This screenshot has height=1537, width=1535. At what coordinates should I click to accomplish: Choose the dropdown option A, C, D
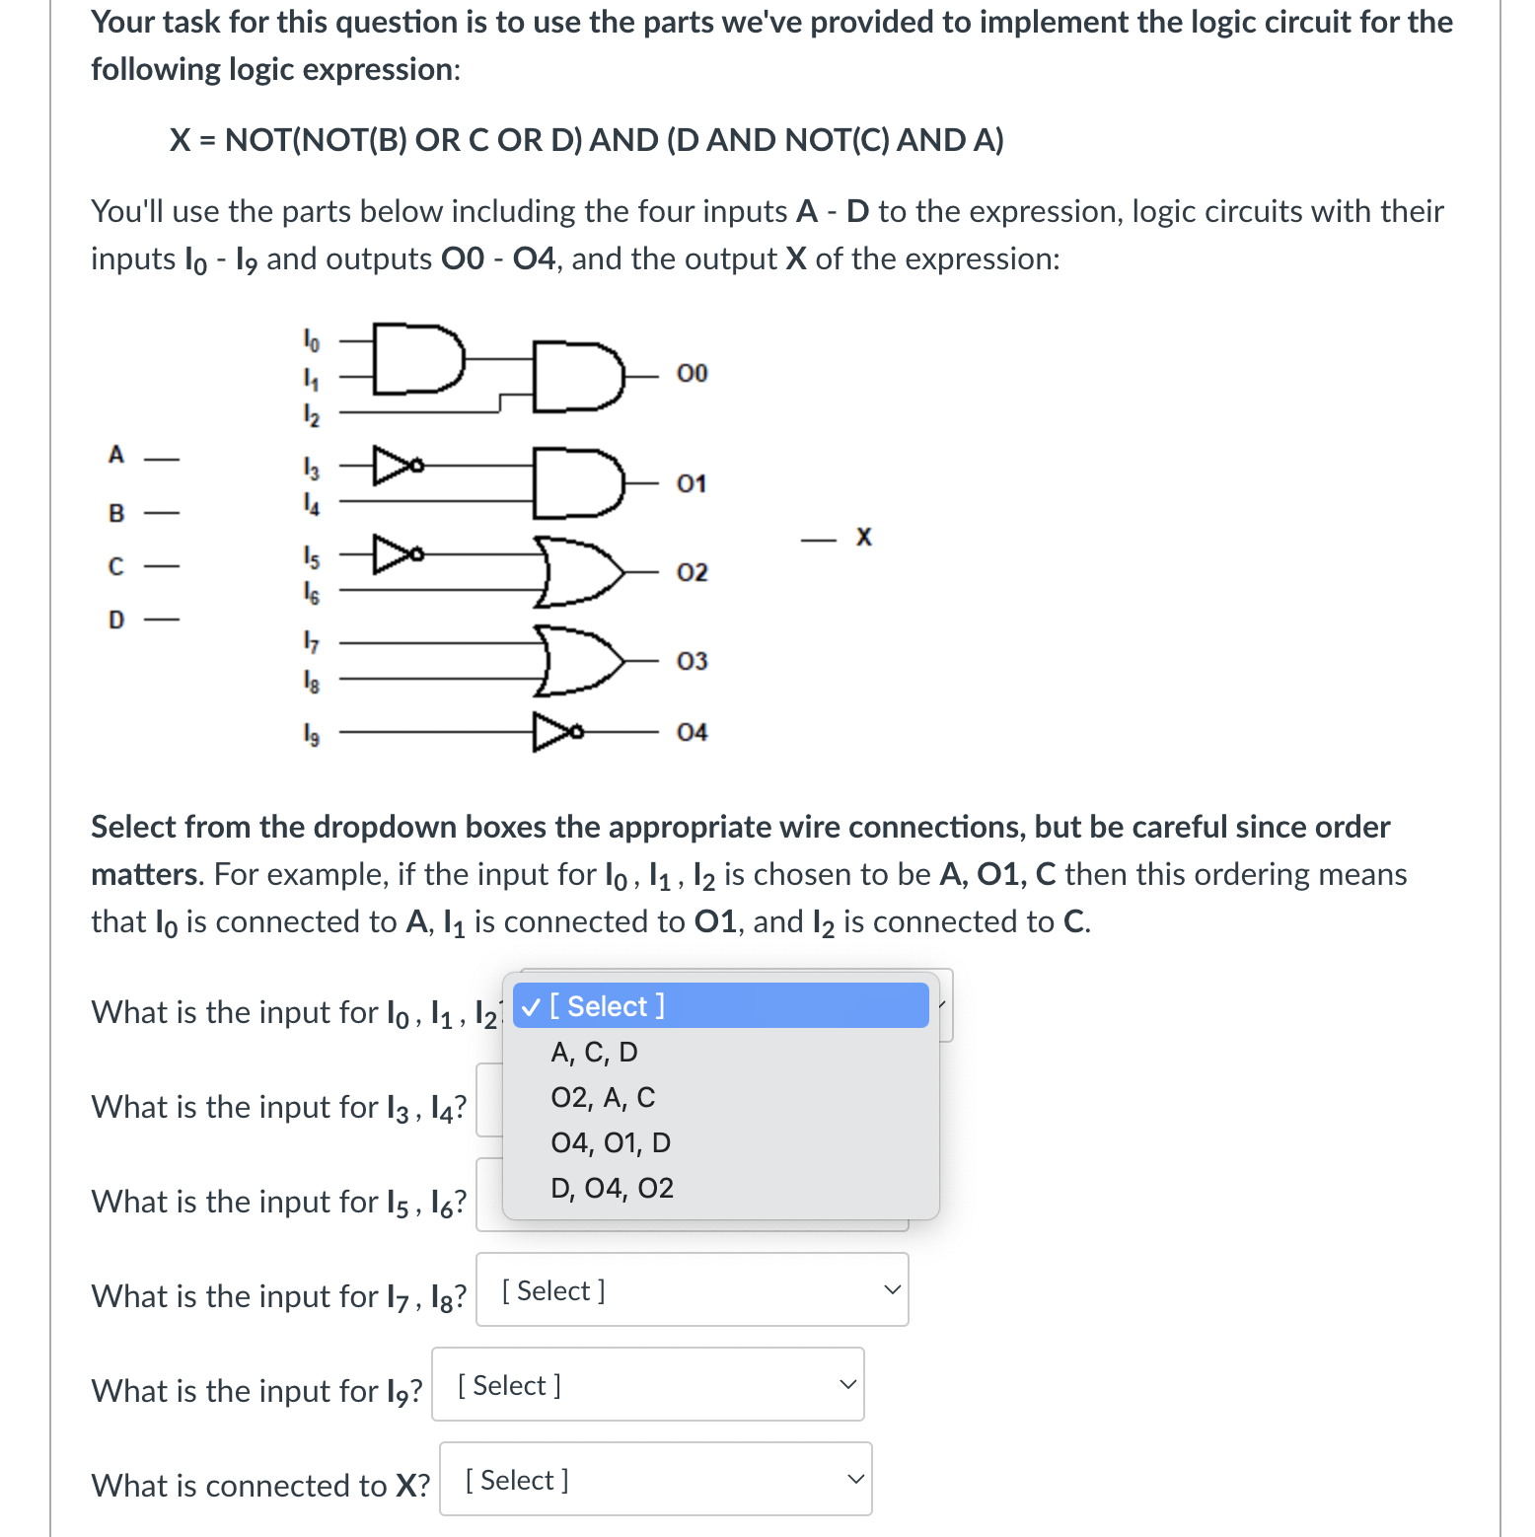pyautogui.click(x=594, y=1053)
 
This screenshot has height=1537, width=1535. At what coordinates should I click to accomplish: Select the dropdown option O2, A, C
pyautogui.click(x=603, y=1098)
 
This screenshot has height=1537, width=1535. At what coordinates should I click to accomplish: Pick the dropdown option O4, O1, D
pyautogui.click(x=611, y=1143)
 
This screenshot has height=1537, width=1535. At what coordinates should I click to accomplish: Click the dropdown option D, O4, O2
pyautogui.click(x=612, y=1189)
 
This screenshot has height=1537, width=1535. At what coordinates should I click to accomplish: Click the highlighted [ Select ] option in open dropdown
pyautogui.click(x=720, y=1006)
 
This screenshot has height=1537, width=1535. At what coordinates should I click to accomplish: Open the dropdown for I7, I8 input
pyautogui.click(x=692, y=1290)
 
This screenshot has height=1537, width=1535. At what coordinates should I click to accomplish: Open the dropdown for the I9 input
pyautogui.click(x=647, y=1385)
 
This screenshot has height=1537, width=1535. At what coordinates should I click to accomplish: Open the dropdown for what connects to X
pyautogui.click(x=655, y=1480)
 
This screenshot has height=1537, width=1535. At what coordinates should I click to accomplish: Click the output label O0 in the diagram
pyautogui.click(x=692, y=373)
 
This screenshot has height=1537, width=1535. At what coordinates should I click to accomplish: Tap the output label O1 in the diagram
pyautogui.click(x=692, y=483)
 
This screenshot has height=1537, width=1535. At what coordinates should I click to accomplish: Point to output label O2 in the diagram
pyautogui.click(x=692, y=572)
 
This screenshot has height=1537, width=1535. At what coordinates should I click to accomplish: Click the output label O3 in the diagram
pyautogui.click(x=692, y=661)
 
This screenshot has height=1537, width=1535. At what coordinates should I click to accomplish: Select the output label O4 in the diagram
pyautogui.click(x=692, y=732)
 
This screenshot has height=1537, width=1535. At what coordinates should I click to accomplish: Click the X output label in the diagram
pyautogui.click(x=864, y=538)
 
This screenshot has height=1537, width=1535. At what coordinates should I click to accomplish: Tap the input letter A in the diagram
pyautogui.click(x=116, y=455)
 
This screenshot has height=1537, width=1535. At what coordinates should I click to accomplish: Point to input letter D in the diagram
pyautogui.click(x=116, y=620)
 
